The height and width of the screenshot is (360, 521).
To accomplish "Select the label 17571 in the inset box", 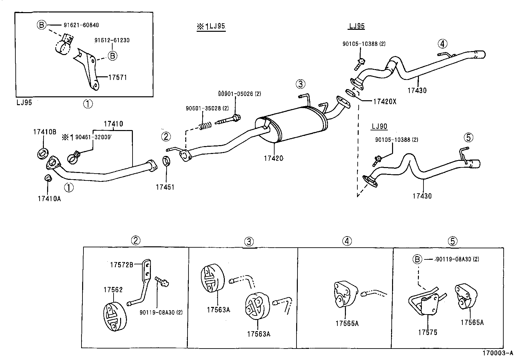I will point(117,78).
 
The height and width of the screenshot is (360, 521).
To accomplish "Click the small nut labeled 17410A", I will point(48,178).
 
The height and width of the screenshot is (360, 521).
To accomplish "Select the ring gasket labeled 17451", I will point(167,161).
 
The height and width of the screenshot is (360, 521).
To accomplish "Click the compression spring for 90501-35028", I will point(205,125).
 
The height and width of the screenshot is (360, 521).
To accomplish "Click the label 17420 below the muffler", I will point(273,159).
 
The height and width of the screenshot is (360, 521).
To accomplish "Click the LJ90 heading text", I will point(379,126).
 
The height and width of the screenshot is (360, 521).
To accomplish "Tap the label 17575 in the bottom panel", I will point(427,333).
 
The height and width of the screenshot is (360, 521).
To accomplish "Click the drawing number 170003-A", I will point(498,353).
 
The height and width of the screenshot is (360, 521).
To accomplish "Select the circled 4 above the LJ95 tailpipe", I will point(442,43).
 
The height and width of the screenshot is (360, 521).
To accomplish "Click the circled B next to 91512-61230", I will point(112,56).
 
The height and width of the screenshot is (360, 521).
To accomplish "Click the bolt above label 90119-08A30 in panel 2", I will point(162,281).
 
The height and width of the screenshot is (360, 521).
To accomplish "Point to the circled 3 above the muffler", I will point(300,84).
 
